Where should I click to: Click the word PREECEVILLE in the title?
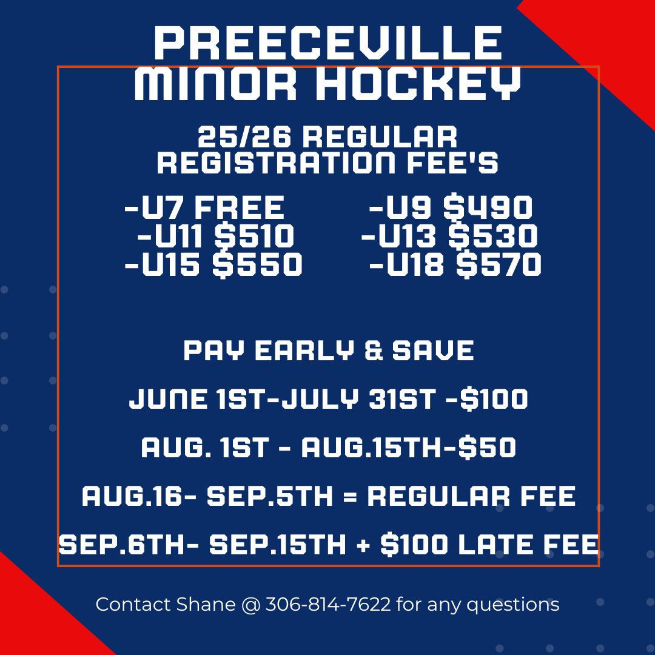pyautogui.click(x=328, y=43)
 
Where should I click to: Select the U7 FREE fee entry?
pyautogui.click(x=205, y=207)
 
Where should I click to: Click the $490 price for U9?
pyautogui.click(x=488, y=207)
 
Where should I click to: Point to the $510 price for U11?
pyautogui.click(x=254, y=235)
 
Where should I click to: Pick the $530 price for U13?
pyautogui.click(x=492, y=235)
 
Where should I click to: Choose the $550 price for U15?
pyautogui.click(x=257, y=264)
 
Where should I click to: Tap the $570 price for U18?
pyautogui.click(x=499, y=264)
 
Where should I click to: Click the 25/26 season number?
pyautogui.click(x=244, y=137)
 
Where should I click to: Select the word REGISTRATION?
pyautogui.click(x=276, y=163)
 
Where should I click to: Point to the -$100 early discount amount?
pyautogui.click(x=487, y=398)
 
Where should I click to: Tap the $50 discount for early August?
pyautogui.click(x=487, y=448)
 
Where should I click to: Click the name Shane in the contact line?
pyautogui.click(x=206, y=605)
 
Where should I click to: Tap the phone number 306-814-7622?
pyautogui.click(x=328, y=605)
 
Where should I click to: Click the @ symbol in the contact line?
pyautogui.click(x=250, y=605)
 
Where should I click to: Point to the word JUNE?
pyautogui.click(x=168, y=398)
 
